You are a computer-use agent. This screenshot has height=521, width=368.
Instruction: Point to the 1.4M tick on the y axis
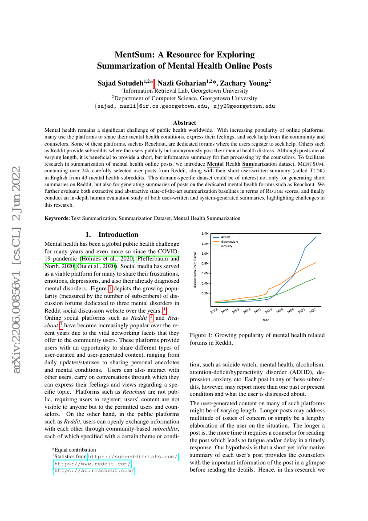pyautogui.click(x=205, y=234)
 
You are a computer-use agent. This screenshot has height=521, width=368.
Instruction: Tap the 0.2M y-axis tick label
pyautogui.click(x=205, y=293)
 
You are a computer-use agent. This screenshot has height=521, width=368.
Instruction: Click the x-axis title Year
pyautogui.click(x=265, y=320)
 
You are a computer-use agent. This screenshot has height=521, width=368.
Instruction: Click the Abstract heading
pyautogui.click(x=184, y=123)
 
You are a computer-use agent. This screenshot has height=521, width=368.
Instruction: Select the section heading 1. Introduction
pyautogui.click(x=112, y=235)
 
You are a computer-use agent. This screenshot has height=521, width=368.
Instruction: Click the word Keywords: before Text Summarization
pyautogui.click(x=57, y=218)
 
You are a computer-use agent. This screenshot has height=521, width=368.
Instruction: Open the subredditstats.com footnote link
pyautogui.click(x=133, y=457)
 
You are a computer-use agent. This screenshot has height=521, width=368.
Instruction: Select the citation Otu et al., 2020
pyautogui.click(x=97, y=266)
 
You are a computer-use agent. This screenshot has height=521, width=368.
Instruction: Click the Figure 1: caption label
pyautogui.click(x=202, y=335)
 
